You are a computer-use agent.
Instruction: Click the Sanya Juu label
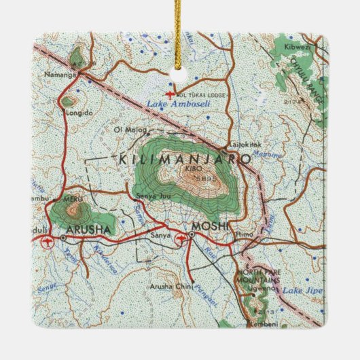151,197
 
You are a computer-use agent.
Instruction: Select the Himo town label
244,233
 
